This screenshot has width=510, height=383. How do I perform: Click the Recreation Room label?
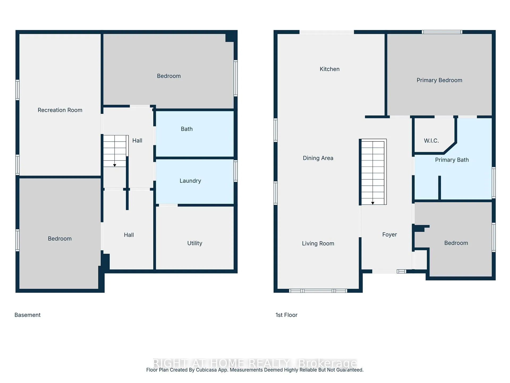pos(60,110)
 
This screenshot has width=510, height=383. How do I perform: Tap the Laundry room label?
pos(190,181)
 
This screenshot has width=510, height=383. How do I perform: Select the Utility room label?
pos(195,243)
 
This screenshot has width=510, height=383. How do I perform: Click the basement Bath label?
pos(187,129)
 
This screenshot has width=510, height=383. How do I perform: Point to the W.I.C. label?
pos(431,141)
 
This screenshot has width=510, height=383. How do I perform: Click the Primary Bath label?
pos(452,160)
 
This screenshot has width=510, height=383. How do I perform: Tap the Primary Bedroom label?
pos(439,80)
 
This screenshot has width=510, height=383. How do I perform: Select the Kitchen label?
pos(330,69)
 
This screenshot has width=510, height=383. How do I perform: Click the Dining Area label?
pos(318,158)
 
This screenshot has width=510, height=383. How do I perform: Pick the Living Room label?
pos(318,243)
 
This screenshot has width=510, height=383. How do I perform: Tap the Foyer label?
pos(389,235)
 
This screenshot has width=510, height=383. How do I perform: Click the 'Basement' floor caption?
pos(28,315)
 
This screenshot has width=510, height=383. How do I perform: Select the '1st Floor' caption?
pos(286,315)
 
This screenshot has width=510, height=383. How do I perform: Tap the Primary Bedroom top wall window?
pos(442,32)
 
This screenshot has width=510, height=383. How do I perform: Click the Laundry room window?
pos(236,171)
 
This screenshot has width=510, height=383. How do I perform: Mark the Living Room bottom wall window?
pos(318,291)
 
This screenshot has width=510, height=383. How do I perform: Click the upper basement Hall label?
pos(137,141)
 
